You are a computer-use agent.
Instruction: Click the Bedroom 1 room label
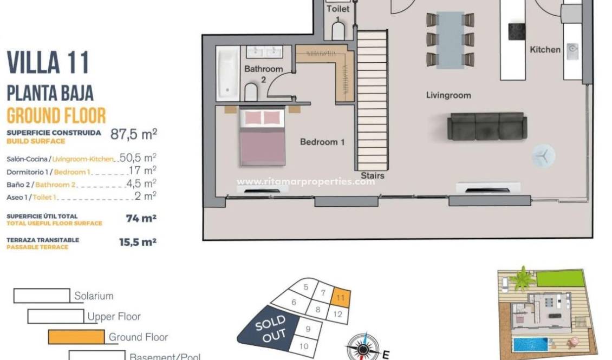(x=322, y=142)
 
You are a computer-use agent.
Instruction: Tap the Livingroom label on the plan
(x=448, y=95)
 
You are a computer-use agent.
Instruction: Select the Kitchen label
(x=545, y=50)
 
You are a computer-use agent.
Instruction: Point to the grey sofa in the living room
(x=486, y=127)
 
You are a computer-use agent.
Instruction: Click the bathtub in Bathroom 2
(x=227, y=73)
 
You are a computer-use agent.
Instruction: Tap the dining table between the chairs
(x=450, y=40)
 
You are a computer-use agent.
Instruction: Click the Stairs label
(x=373, y=175)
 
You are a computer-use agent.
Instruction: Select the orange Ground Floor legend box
(x=76, y=337)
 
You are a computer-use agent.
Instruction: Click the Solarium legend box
(x=42, y=296)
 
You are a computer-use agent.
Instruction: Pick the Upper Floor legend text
(x=114, y=317)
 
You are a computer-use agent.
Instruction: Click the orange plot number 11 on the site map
(x=341, y=298)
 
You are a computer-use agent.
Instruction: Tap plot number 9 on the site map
(x=308, y=329)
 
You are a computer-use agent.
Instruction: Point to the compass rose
(x=362, y=346)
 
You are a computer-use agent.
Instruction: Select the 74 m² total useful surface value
(x=138, y=219)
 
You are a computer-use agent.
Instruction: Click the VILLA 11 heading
(x=48, y=63)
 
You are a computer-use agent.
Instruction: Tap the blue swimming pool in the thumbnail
(x=531, y=344)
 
